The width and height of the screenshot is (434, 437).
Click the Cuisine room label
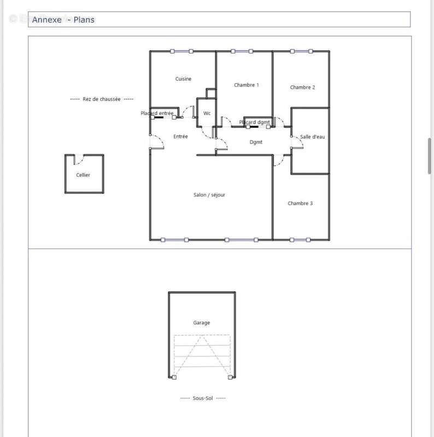[x=183, y=79]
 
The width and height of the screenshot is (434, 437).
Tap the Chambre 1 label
[x=246, y=85]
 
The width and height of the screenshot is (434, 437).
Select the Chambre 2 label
[x=302, y=87]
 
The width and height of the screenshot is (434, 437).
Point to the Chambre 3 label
[x=300, y=204]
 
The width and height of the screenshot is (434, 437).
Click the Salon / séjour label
[x=209, y=195]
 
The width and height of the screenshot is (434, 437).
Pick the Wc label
[x=207, y=114]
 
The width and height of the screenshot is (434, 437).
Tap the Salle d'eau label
[x=313, y=137]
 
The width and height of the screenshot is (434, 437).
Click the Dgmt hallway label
[x=256, y=142]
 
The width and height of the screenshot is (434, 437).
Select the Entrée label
[x=180, y=137]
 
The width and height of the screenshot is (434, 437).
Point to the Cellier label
[x=83, y=175]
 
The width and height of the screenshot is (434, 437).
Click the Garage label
[x=201, y=323]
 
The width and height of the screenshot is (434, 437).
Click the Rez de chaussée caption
[x=102, y=99]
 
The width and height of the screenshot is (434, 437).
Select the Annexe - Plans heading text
[x=63, y=20]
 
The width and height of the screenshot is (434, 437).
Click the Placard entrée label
[x=157, y=113]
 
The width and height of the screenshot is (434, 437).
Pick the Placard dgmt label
[x=254, y=122]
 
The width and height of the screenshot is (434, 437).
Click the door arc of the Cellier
[x=79, y=160]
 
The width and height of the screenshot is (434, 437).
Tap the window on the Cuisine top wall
[x=182, y=51]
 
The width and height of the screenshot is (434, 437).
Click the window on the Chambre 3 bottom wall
[x=301, y=239]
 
